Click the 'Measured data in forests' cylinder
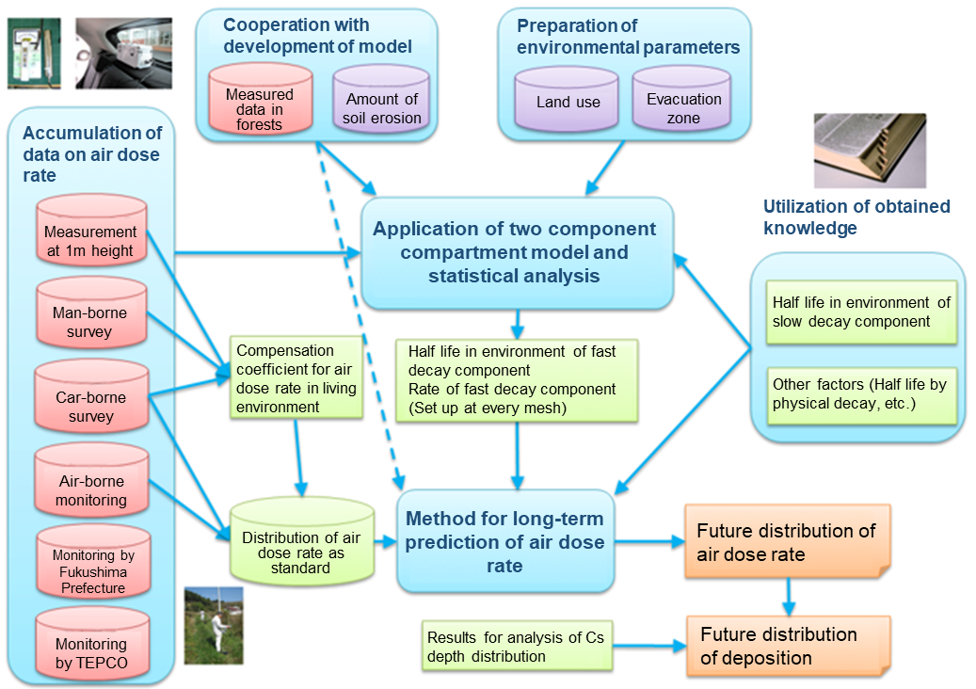(260, 103)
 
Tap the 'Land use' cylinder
(568, 101)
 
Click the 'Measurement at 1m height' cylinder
(90, 236)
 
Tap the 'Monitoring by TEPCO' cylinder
(90, 649)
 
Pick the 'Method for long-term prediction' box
(505, 541)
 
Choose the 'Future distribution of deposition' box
(786, 645)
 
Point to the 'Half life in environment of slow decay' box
(861, 312)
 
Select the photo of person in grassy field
(213, 626)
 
